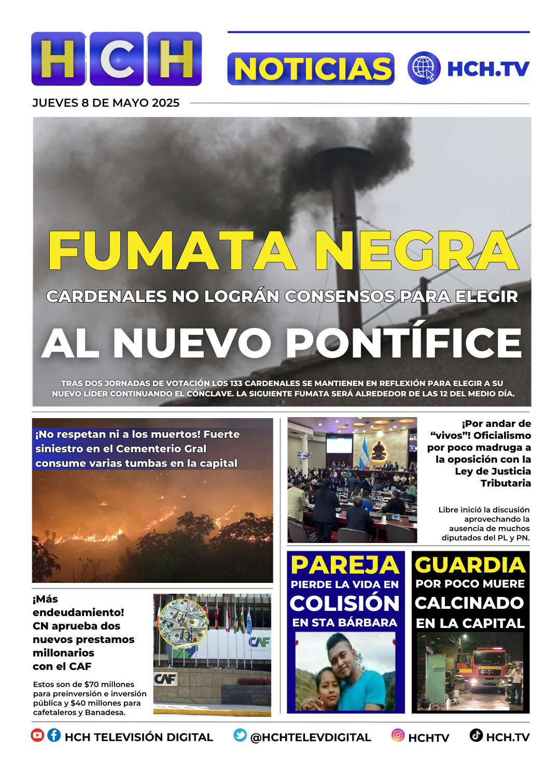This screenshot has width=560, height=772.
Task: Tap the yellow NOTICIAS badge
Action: point(311,69)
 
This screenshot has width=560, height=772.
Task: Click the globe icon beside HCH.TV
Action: point(424,68)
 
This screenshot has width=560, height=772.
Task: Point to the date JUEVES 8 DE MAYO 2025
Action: point(106,103)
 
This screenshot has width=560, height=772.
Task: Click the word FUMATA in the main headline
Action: point(172,251)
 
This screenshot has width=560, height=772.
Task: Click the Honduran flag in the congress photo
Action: point(363,453)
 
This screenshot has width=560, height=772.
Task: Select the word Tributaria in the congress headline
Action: point(505,483)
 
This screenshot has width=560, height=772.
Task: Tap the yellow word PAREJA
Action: point(345,565)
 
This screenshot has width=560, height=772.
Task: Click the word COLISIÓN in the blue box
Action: point(345,604)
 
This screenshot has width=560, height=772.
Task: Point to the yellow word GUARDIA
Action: point(470,565)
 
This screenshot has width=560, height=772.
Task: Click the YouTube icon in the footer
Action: point(37,735)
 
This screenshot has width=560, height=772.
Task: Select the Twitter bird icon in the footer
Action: point(240,735)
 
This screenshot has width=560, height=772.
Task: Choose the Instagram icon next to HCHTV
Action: point(398,735)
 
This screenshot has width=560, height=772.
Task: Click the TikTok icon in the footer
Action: point(476,735)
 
